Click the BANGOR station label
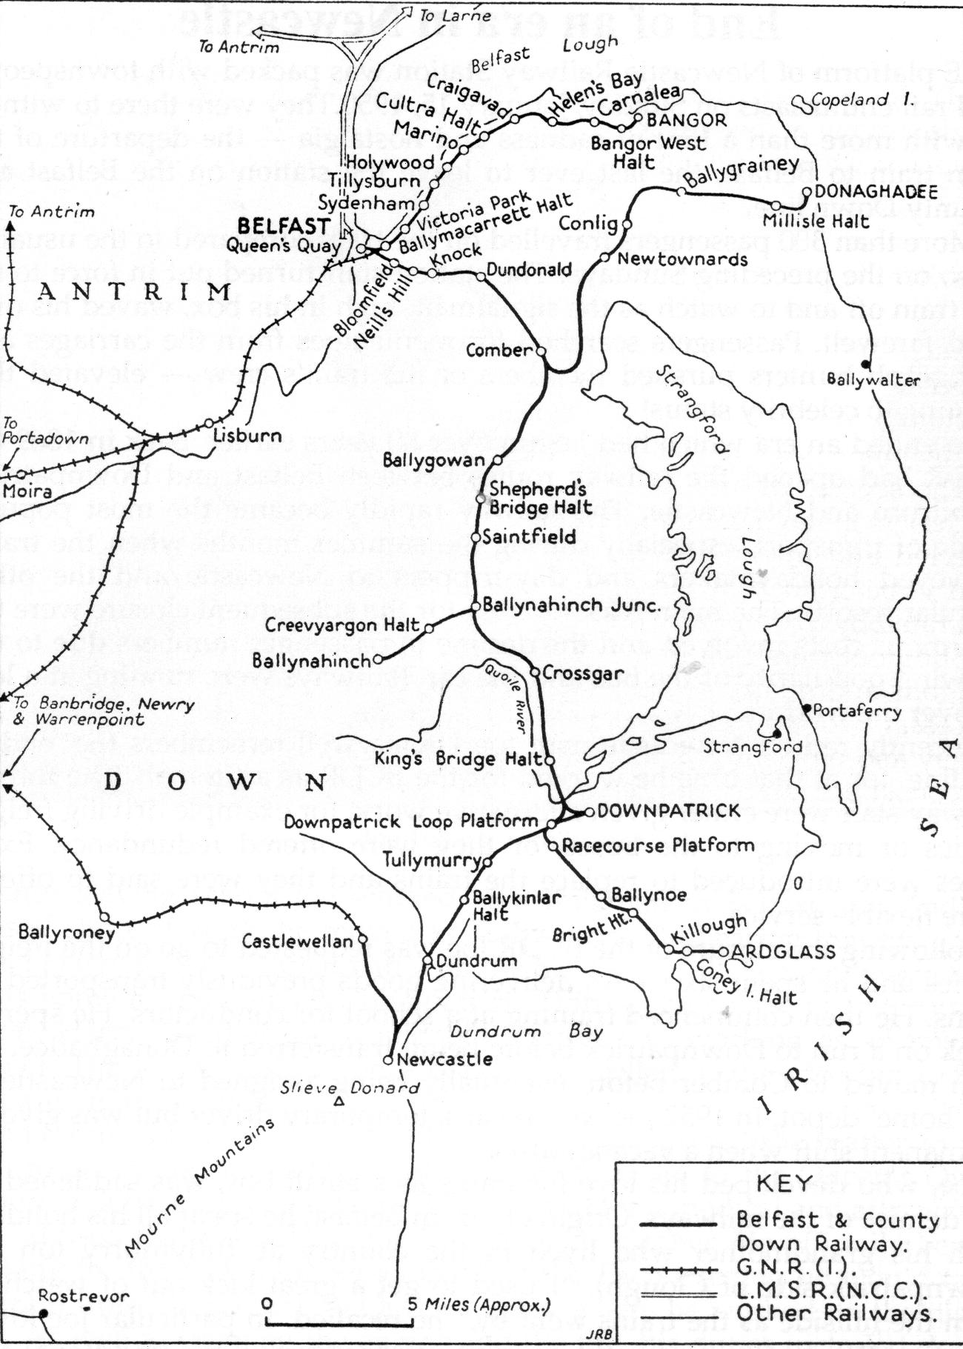pos(687,119)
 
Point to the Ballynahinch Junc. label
pos(570,605)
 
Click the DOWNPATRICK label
pos(668,810)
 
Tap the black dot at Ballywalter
pos(865,362)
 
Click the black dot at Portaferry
pos(807,708)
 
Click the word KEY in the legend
pos(785,1184)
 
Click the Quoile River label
pos(504,696)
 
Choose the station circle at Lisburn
pos(208,424)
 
